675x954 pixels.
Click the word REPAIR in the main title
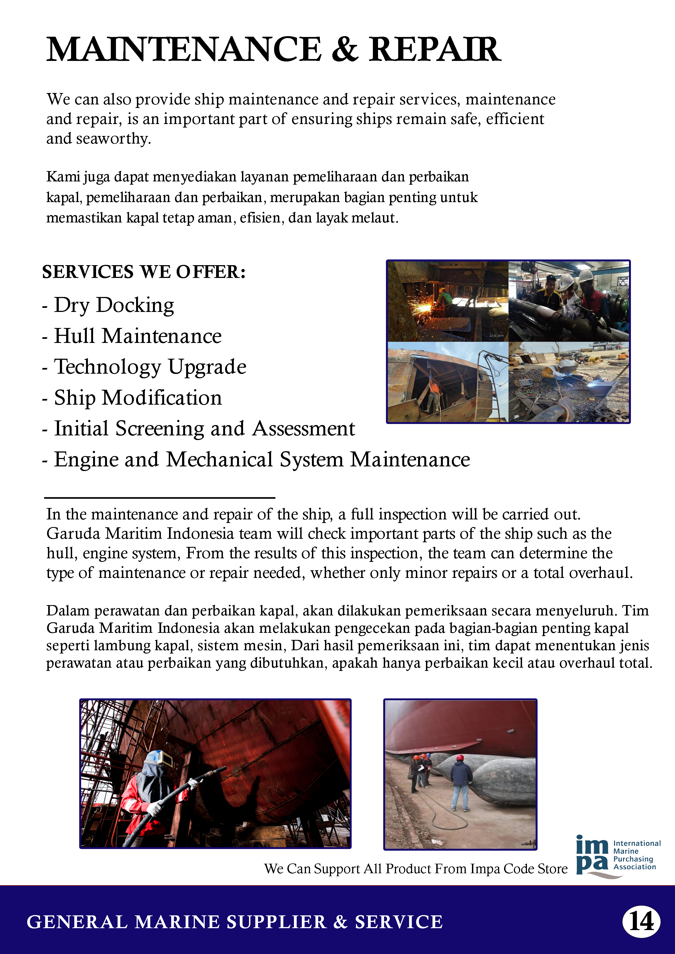pos(435,49)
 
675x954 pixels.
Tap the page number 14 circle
pos(641,922)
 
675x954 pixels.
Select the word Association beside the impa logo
pos(635,867)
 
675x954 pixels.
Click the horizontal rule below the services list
pos(160,497)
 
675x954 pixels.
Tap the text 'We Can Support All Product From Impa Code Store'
pos(416,868)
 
